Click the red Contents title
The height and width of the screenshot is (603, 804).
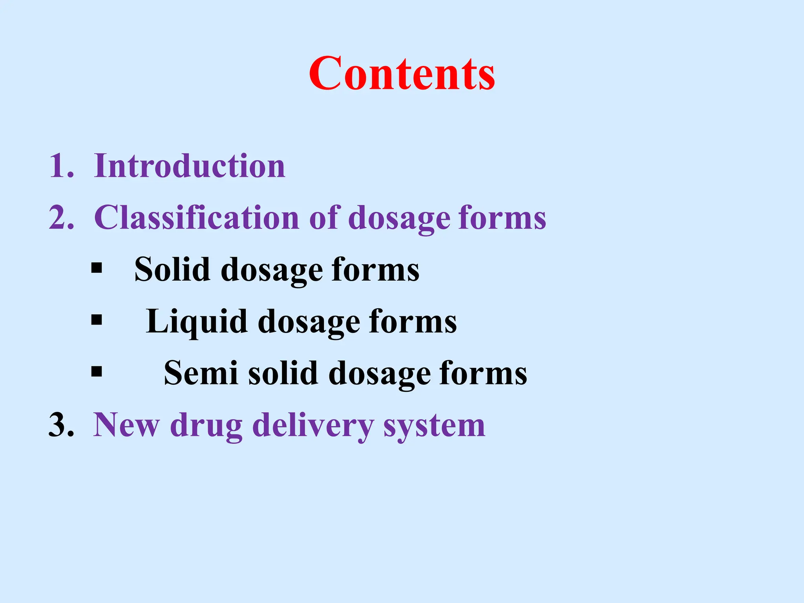402,73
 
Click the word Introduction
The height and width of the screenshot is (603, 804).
190,166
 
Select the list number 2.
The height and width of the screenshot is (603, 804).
61,218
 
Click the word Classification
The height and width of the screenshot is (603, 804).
197,218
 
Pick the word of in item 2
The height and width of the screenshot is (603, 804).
323,218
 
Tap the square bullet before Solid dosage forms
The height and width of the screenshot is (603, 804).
97,269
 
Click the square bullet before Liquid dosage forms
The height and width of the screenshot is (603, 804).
97,320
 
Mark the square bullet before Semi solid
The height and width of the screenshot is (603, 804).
97,371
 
